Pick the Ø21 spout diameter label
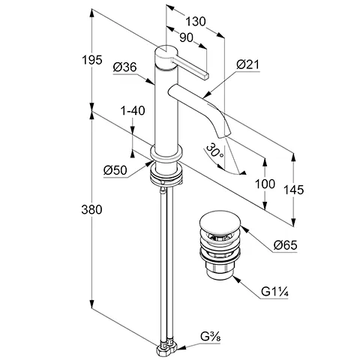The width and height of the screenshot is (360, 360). point(248,67)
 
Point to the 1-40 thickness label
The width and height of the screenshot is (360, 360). point(132,111)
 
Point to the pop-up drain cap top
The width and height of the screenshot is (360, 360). point(219,223)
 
